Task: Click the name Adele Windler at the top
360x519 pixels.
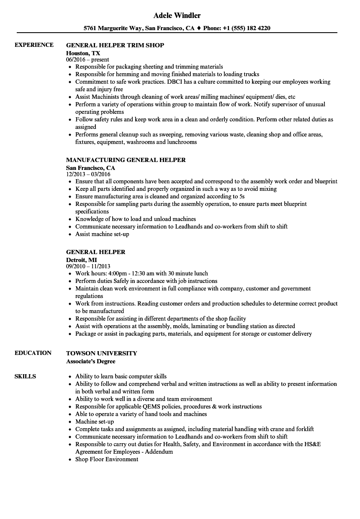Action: [x=177, y=15]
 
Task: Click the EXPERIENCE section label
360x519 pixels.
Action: [x=34, y=45]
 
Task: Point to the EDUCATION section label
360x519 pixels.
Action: [x=33, y=353]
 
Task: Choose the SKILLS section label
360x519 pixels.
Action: [x=25, y=376]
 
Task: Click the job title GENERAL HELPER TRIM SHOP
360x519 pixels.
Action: [x=115, y=45]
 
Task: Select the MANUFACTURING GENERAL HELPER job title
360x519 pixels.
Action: [x=126, y=159]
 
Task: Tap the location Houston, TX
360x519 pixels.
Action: [x=83, y=53]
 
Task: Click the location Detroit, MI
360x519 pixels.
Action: [x=81, y=260]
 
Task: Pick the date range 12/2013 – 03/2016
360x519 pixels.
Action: [x=88, y=174]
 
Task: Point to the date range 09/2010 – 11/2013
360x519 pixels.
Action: [x=88, y=266]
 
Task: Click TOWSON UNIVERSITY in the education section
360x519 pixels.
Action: [x=101, y=353]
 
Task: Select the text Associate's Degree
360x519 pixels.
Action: [x=90, y=361]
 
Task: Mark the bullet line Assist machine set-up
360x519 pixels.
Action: [x=102, y=234]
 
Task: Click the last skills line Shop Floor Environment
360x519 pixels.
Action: [x=107, y=459]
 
